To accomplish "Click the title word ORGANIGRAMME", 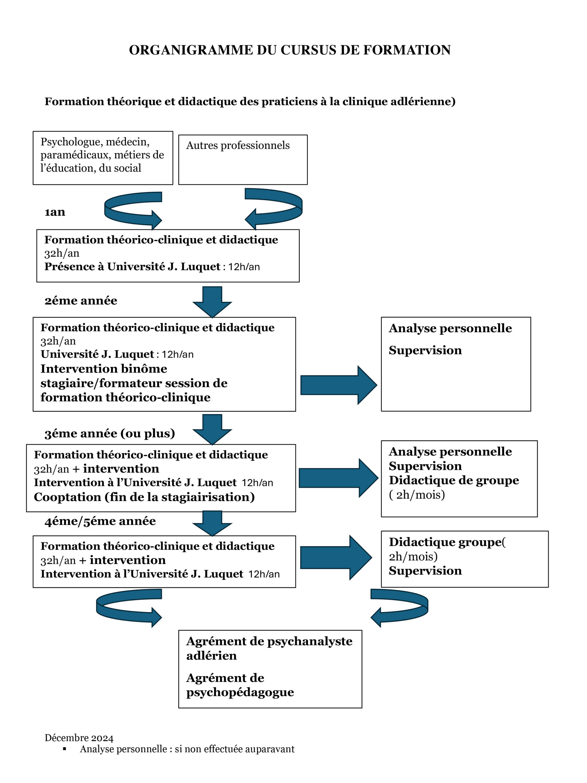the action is tap(191, 50).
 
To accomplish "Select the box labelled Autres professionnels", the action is tap(243, 160).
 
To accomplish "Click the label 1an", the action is tap(55, 212).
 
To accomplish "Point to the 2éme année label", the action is tap(81, 301).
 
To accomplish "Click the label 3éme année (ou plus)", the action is tap(110, 434).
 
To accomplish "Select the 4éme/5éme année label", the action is tap(100, 521).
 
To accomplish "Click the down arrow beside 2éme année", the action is tap(212, 302).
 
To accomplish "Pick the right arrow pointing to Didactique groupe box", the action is tap(336, 558).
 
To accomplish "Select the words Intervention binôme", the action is tap(104, 369).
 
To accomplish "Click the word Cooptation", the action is tap(67, 497).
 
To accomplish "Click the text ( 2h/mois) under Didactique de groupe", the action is tap(417, 495).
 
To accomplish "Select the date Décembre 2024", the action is tap(79, 735).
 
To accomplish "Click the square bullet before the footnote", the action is tap(65, 749).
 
